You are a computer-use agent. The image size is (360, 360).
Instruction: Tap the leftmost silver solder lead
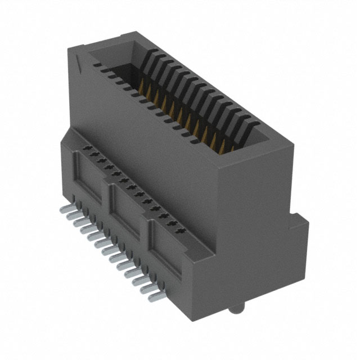[63, 209]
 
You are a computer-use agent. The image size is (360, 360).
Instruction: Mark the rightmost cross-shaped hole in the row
[179, 231]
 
